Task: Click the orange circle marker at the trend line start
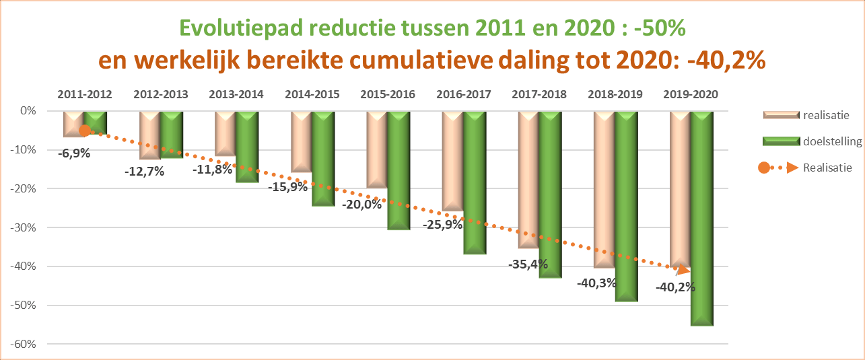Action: pyautogui.click(x=85, y=131)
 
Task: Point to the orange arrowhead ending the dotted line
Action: pyautogui.click(x=683, y=270)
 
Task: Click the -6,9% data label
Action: pyautogui.click(x=74, y=153)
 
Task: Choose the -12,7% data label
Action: pyautogui.click(x=144, y=171)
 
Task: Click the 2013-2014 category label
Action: pyautogui.click(x=236, y=94)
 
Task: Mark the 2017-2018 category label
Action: pyautogui.click(x=539, y=94)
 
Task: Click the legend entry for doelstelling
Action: pyautogui.click(x=827, y=141)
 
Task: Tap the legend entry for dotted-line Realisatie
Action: pyautogui.click(x=827, y=167)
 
